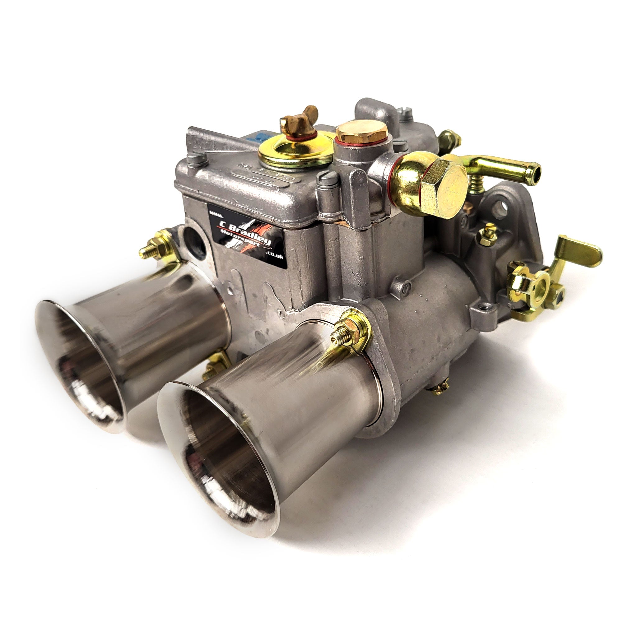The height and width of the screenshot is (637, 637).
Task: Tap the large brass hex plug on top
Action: pos(361,131)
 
